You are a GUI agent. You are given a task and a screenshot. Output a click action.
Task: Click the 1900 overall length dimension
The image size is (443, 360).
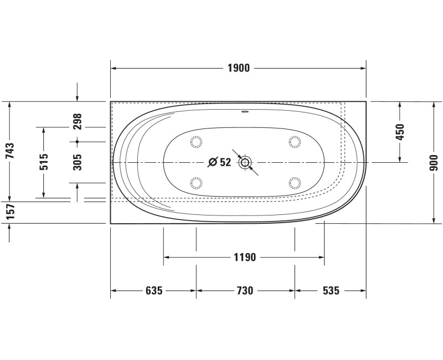(239, 68)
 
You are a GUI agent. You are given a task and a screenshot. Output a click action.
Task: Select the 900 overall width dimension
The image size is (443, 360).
(434, 162)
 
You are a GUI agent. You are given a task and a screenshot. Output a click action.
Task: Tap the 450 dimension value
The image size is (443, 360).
(400, 132)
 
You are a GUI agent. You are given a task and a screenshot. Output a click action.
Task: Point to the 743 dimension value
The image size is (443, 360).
(9, 151)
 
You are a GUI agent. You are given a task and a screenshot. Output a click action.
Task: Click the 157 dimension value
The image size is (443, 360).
(9, 212)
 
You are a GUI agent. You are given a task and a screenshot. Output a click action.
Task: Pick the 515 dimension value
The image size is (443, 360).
(44, 162)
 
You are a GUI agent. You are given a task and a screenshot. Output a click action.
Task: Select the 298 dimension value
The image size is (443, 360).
(77, 121)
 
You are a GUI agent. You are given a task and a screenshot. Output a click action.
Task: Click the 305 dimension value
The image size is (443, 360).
(77, 162)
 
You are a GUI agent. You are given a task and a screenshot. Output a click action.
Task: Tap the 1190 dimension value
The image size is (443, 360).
(245, 257)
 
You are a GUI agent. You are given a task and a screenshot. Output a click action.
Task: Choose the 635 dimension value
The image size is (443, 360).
(154, 290)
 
